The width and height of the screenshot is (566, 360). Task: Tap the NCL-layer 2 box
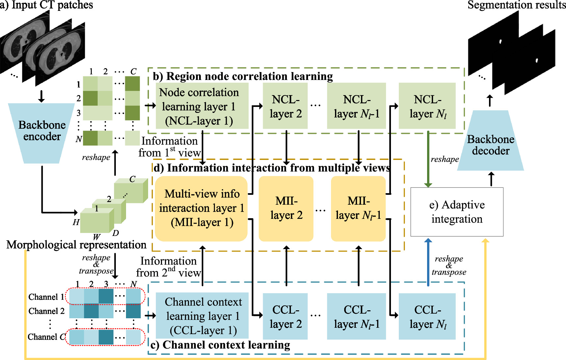(285, 106)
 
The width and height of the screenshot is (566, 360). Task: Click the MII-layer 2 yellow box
(286, 208)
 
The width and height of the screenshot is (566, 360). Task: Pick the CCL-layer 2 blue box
(285, 316)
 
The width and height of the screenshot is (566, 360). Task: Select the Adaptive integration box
(457, 212)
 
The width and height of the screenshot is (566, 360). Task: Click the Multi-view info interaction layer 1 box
(201, 208)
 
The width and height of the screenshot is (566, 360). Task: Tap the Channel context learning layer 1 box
(202, 316)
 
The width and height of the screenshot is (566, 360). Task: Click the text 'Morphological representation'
(76, 245)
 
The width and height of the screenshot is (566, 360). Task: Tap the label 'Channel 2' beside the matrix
(46, 311)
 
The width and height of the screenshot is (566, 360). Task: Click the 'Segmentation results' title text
(516, 5)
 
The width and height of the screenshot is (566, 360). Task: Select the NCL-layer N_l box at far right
(427, 106)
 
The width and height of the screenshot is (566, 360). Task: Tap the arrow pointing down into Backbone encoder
(41, 96)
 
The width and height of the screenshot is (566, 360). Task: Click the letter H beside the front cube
(76, 222)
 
